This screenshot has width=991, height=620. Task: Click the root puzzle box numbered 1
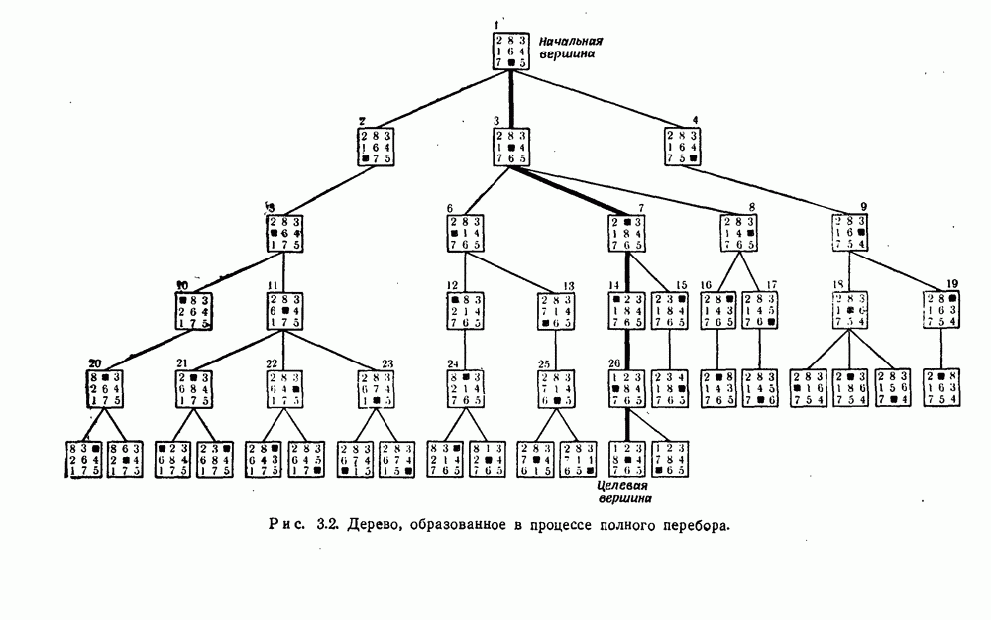(x=510, y=51)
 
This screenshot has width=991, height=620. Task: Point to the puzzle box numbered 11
(x=284, y=309)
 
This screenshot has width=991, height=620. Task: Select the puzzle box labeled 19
(x=943, y=309)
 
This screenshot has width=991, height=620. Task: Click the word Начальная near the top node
(x=571, y=42)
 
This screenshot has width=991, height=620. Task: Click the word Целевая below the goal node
(x=622, y=487)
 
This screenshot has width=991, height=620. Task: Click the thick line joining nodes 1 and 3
(x=511, y=98)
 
